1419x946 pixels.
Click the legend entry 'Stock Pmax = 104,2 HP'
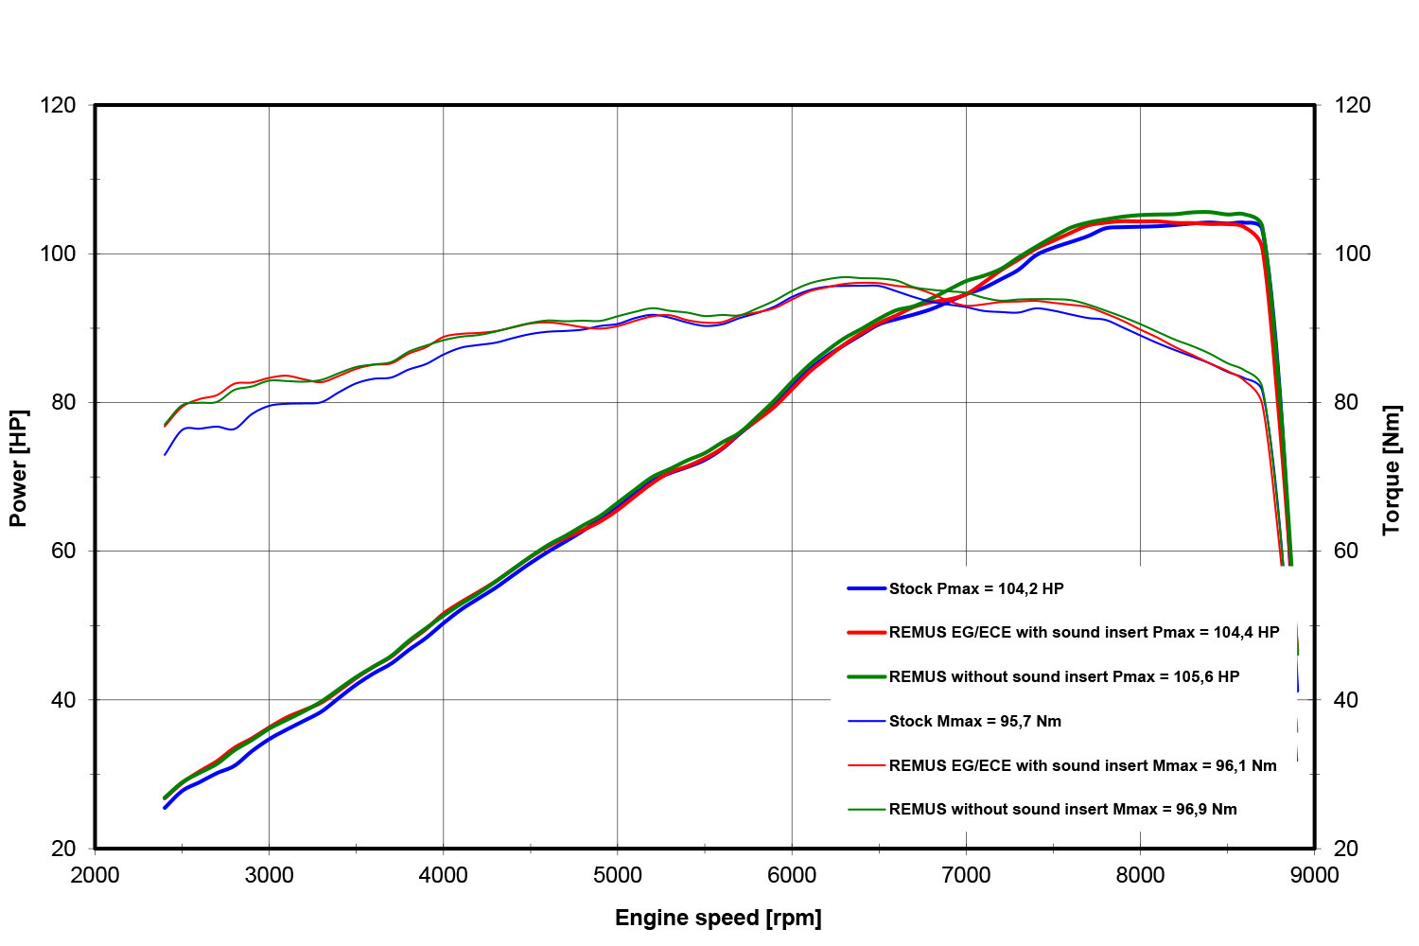pos(976,588)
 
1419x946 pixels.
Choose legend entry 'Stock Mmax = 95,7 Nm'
pos(974,721)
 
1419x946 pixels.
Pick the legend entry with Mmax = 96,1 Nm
pos(1082,765)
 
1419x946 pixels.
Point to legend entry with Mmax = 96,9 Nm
pos(1062,809)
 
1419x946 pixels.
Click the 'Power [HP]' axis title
pos(18,468)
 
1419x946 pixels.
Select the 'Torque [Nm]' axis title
pos(1391,470)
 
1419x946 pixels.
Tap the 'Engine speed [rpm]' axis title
pos(718,918)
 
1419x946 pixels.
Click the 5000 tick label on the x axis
pos(618,875)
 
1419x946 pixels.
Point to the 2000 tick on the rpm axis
pos(95,875)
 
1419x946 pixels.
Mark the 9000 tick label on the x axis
pos(1314,875)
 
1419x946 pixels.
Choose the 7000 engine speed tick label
pos(966,875)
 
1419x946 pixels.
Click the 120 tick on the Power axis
pos(59,105)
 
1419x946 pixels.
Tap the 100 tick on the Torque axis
pos(1351,254)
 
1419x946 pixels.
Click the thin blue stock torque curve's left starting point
pos(165,455)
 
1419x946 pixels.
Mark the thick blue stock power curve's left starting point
pos(165,808)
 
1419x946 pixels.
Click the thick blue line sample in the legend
pos(867,588)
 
